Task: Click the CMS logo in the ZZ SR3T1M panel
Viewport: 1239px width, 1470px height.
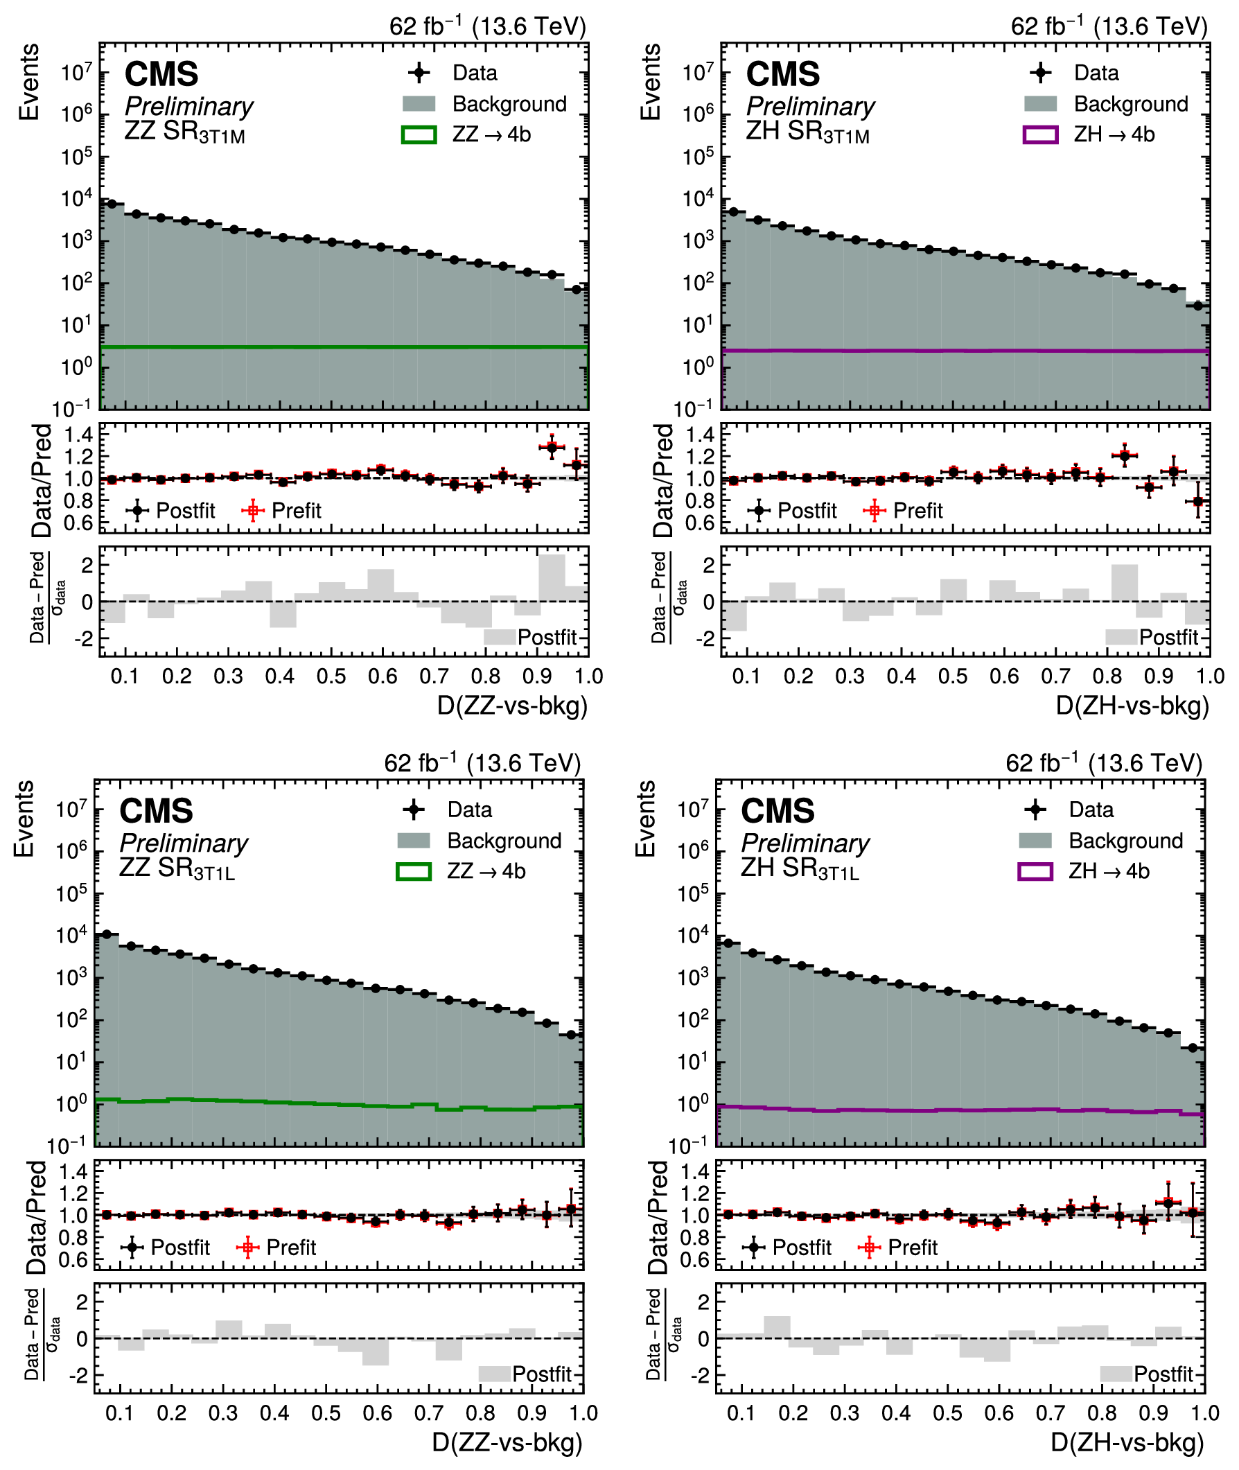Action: pos(161,74)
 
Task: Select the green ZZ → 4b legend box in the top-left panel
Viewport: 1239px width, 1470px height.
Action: pos(419,135)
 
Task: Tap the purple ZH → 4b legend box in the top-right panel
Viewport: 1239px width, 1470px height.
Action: pos(1040,135)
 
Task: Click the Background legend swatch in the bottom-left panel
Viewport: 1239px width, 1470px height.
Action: pos(414,840)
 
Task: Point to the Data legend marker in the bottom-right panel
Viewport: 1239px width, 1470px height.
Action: pos(1035,810)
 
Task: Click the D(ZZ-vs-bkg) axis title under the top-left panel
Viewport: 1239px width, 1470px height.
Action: pos(512,705)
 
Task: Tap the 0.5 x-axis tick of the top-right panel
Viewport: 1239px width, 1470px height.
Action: pos(952,676)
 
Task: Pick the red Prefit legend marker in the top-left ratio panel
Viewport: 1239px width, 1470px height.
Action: pos(253,511)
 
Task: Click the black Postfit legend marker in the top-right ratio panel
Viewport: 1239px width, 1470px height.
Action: pos(759,511)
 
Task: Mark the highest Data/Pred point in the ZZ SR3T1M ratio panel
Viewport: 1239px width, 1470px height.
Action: pos(552,447)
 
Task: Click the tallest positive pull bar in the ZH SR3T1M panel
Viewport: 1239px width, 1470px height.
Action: pos(1125,582)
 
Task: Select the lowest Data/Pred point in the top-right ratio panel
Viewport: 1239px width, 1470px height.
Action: pos(1198,502)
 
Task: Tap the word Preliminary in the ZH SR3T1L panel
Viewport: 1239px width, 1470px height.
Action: pos(805,843)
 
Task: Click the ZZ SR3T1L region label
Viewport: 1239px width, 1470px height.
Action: pos(177,869)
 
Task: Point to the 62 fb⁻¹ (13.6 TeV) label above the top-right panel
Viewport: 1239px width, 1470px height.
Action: pos(1108,27)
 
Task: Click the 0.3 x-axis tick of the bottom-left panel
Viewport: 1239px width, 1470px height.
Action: pos(222,1413)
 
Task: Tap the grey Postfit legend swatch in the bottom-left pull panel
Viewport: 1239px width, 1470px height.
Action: pos(495,1374)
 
